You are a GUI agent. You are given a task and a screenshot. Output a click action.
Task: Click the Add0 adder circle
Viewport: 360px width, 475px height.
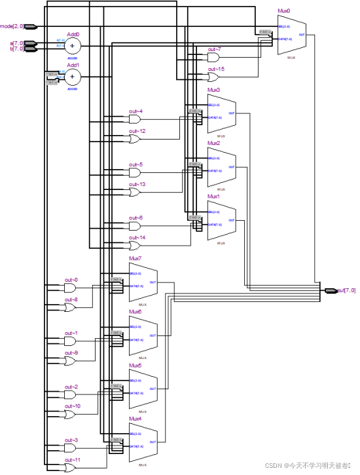coord(72,45)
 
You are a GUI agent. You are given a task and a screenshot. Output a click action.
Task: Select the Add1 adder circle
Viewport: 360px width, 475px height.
coord(72,77)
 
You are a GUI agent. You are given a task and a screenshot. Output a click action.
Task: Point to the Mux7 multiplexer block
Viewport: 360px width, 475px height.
coord(143,282)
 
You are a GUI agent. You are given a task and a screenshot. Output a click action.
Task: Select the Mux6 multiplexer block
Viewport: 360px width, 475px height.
coord(143,335)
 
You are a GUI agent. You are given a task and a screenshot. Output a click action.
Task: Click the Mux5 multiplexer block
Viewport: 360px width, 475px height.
coord(143,389)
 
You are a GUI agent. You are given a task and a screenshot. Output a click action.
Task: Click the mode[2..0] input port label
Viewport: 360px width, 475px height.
coord(12,26)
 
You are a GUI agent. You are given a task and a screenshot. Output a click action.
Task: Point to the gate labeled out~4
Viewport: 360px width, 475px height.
coord(135,119)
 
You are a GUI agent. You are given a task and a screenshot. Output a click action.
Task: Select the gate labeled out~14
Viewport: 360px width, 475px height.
coord(135,246)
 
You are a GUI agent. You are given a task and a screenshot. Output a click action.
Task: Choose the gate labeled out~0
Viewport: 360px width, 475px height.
coord(70,288)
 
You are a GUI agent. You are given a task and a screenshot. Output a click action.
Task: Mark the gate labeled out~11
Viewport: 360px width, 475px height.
coord(70,468)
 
